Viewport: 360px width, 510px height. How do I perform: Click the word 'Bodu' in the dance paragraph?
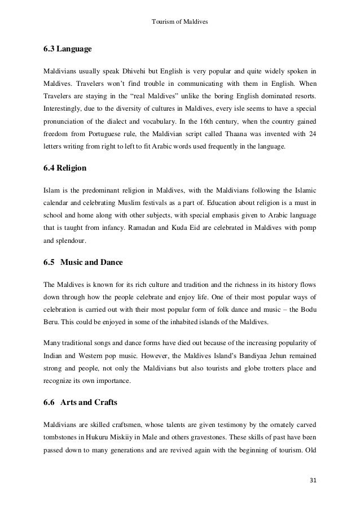click(x=308, y=312)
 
